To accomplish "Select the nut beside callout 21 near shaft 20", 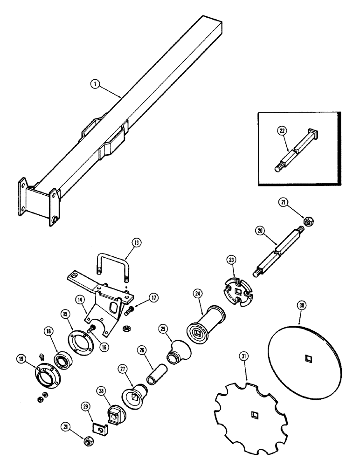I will coord(307,221).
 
